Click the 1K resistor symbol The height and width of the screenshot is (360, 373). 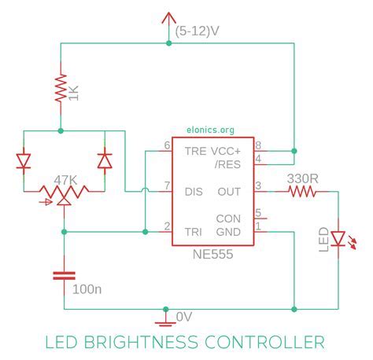pyautogui.click(x=61, y=88)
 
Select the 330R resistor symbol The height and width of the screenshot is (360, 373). pyautogui.click(x=302, y=190)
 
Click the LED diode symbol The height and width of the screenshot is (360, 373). pyautogui.click(x=338, y=237)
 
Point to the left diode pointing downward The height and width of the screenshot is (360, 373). pyautogui.click(x=23, y=161)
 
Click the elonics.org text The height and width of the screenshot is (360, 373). pyautogui.click(x=211, y=132)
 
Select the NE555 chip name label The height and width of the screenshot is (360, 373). pyautogui.click(x=212, y=255)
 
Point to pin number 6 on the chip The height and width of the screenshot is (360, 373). pyautogui.click(x=167, y=145)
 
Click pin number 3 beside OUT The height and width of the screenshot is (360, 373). pyautogui.click(x=258, y=186)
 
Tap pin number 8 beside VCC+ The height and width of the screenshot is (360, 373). pyautogui.click(x=258, y=145)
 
